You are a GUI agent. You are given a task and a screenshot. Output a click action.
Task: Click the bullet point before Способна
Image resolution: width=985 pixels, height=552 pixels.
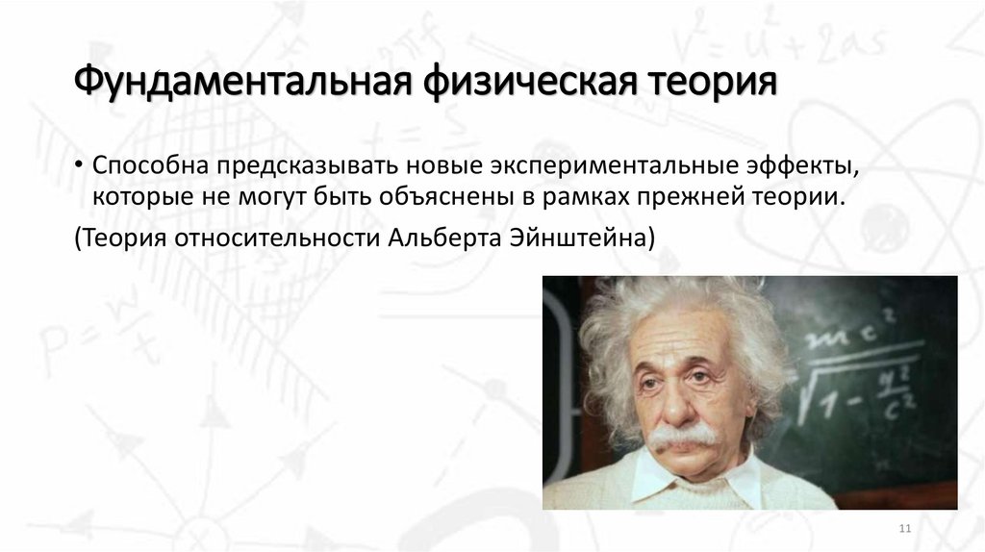(x=81, y=165)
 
